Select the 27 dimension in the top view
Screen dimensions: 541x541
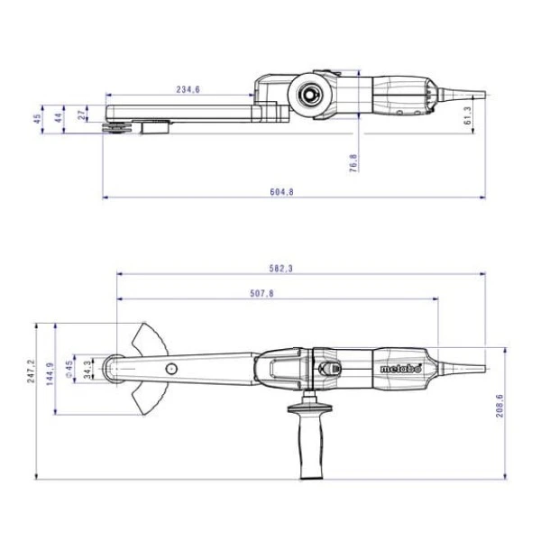(x=84, y=115)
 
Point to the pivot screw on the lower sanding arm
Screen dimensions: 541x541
(x=170, y=367)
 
